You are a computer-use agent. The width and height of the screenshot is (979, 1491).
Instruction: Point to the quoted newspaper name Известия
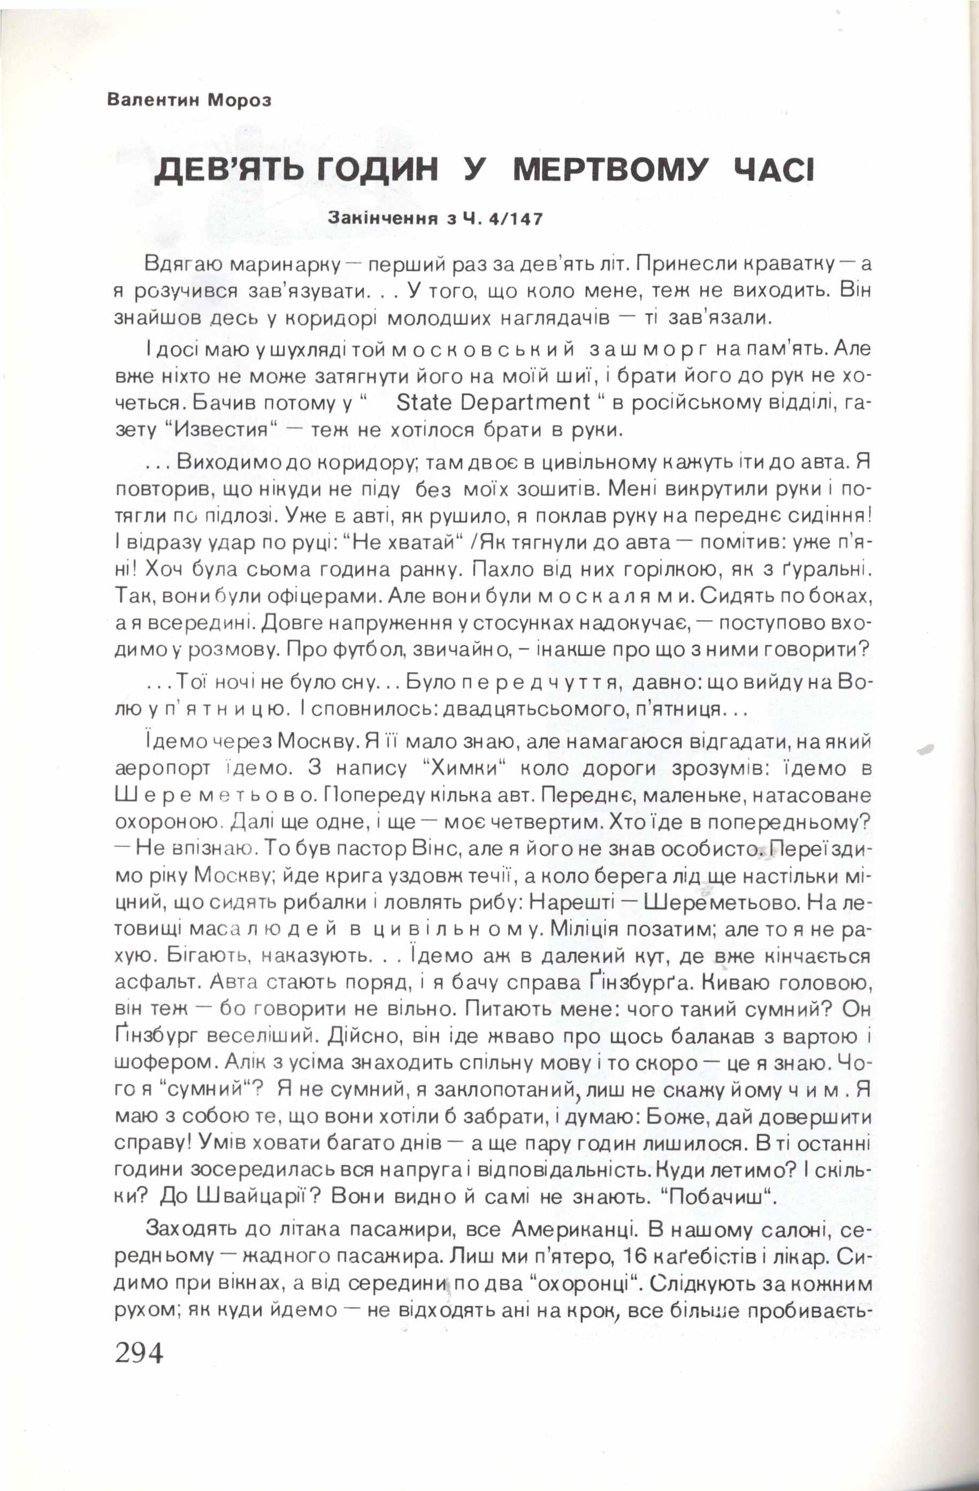tap(221, 430)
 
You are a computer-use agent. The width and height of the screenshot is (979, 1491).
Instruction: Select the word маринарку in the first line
tap(286, 264)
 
